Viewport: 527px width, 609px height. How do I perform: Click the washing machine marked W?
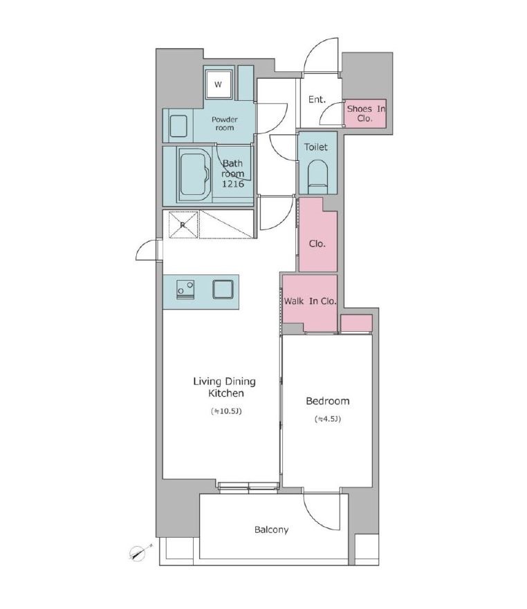[x=219, y=84]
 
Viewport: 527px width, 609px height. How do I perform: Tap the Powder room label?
[x=225, y=124]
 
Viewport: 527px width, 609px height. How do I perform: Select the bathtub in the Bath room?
[x=195, y=174]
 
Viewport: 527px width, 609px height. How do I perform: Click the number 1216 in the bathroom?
[x=233, y=184]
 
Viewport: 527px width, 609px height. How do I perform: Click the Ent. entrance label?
[x=317, y=100]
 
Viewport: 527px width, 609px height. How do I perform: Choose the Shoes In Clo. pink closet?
[x=365, y=113]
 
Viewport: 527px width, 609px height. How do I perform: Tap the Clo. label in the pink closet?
[x=317, y=244]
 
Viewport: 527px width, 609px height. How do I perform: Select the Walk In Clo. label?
[x=310, y=301]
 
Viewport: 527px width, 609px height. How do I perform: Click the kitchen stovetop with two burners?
[x=185, y=290]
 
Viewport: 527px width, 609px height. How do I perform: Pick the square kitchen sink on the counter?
[x=223, y=290]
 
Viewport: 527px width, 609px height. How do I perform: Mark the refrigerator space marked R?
[x=183, y=225]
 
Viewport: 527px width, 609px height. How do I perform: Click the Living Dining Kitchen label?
[x=225, y=387]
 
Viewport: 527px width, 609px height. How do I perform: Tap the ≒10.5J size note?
[x=226, y=411]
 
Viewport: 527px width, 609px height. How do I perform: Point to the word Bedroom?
[x=328, y=401]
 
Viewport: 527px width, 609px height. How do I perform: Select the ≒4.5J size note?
[x=328, y=419]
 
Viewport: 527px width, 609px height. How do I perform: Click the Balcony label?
[x=272, y=530]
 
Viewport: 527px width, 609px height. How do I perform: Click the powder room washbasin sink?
[x=178, y=126]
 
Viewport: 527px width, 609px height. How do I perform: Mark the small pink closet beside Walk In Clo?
[x=356, y=323]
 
